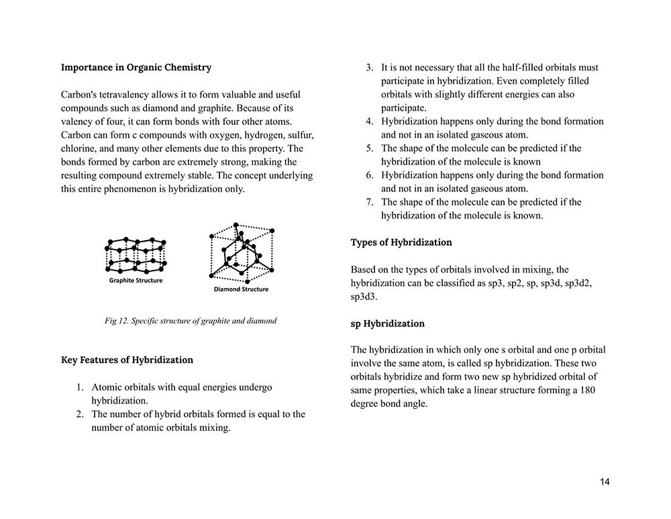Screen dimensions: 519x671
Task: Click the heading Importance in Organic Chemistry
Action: coord(136,67)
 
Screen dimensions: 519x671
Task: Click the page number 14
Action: coord(605,482)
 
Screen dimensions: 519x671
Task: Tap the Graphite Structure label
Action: coord(136,281)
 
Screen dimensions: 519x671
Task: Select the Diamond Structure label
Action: coord(241,289)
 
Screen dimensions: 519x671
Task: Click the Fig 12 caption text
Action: coord(191,321)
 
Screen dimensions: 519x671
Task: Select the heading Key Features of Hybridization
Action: coord(127,360)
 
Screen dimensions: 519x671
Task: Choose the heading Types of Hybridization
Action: coord(401,242)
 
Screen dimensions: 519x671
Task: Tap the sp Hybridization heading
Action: coord(387,324)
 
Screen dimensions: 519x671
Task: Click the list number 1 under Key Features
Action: coord(79,387)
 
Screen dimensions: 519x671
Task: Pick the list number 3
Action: coord(369,68)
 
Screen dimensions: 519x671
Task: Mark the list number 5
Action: coord(369,148)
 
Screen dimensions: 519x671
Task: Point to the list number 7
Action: coord(369,202)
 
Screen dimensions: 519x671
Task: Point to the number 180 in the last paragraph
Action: coord(587,390)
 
